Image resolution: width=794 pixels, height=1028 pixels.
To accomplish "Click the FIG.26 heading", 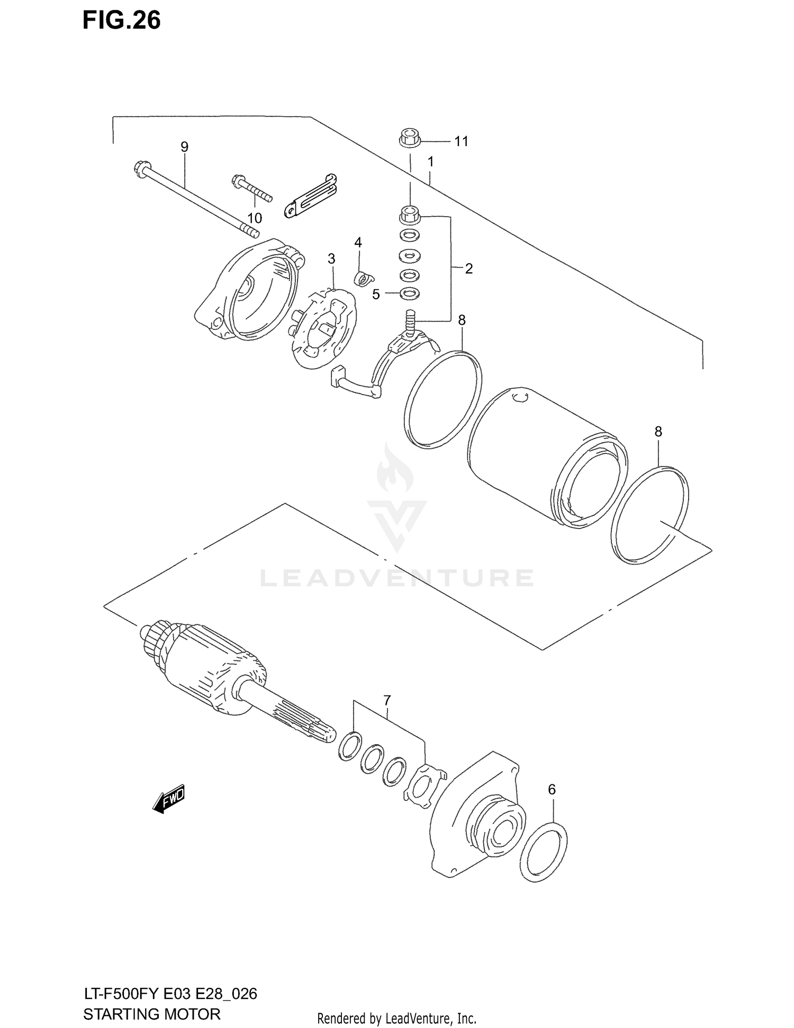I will [122, 21].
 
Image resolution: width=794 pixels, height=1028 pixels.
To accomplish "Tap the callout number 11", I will [461, 141].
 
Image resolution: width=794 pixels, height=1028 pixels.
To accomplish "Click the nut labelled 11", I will [409, 139].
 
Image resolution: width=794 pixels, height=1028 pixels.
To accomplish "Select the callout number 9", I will [184, 147].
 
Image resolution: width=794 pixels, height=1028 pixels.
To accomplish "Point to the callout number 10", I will [255, 218].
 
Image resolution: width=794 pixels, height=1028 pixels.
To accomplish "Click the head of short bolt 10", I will [237, 182].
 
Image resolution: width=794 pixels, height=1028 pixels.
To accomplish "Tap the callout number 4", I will [358, 243].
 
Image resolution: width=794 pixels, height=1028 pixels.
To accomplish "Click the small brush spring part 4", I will [362, 278].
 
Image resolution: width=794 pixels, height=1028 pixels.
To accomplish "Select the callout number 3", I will [331, 258].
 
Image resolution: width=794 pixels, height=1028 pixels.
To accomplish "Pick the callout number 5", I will [376, 294].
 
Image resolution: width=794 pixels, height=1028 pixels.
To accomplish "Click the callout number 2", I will [468, 269].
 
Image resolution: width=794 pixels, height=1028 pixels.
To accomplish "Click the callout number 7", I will [387, 700].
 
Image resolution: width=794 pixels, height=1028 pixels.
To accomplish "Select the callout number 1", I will [431, 161].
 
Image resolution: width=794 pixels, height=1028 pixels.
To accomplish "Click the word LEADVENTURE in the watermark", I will [396, 578].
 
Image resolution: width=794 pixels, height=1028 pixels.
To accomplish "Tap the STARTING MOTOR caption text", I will [151, 1014].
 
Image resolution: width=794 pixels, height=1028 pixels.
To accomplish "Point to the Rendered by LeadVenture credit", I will [396, 1018].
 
